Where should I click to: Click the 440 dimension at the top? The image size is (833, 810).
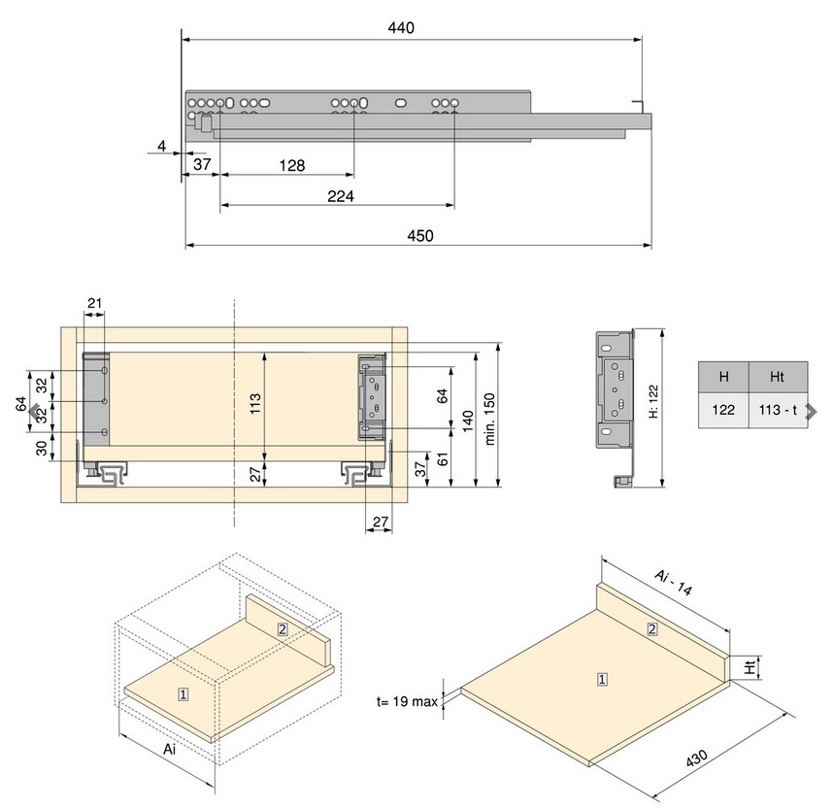coord(401,27)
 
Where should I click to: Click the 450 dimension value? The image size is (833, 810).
coord(419,235)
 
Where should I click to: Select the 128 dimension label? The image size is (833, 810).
coord(291,166)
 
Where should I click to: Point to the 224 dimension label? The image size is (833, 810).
coord(341,196)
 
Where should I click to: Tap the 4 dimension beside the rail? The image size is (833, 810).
coord(162,146)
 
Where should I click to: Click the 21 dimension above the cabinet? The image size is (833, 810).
coord(94,303)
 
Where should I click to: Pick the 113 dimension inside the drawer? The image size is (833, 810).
coord(255,404)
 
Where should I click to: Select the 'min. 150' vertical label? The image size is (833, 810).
coord(489,419)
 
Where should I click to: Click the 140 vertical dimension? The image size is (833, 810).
coord(468,421)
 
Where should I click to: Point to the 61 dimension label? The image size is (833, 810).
coord(443,459)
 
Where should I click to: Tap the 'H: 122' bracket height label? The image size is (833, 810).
coord(653,401)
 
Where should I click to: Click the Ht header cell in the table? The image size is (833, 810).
coord(778,377)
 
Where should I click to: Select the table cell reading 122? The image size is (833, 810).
coord(723,410)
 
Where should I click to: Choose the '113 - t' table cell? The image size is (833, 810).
coord(778,410)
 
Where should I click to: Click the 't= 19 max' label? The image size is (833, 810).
coord(407,701)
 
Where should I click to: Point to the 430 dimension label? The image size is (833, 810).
coord(696,759)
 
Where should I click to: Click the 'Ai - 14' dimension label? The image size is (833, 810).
coord(673,583)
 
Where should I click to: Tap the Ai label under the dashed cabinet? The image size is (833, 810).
coord(169,750)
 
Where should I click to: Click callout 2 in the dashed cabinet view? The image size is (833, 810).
coord(283,629)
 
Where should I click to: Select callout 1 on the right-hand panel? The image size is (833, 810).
coord(602,679)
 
